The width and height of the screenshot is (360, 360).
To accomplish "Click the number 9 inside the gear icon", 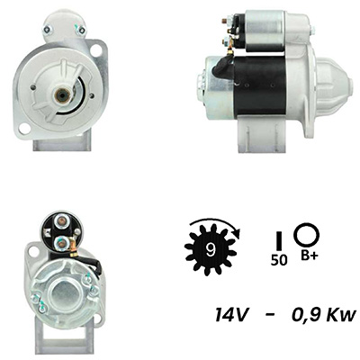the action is pyautogui.click(x=211, y=248).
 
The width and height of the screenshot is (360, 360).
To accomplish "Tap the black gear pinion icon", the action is pyautogui.click(x=211, y=249).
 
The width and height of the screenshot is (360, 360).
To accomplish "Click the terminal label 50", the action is pyautogui.click(x=279, y=260).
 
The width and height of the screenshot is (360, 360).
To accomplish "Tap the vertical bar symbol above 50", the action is pyautogui.click(x=279, y=240).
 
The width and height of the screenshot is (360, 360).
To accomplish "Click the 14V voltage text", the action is pyautogui.click(x=231, y=315).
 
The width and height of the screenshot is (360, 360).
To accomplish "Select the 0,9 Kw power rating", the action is pyautogui.click(x=324, y=315).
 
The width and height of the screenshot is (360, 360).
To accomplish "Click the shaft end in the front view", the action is pyautogui.click(x=62, y=95).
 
